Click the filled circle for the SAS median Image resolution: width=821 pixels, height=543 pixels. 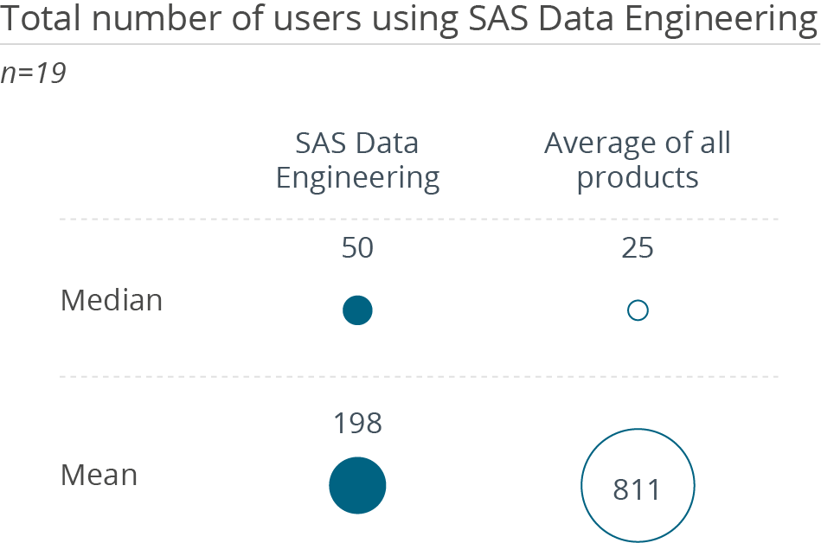coord(357,310)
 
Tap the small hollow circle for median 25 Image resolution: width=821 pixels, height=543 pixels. coord(638,310)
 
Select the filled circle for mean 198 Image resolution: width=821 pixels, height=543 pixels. coord(357,485)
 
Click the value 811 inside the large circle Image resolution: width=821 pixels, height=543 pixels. coord(637,489)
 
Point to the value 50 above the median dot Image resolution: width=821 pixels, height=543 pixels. coord(357,249)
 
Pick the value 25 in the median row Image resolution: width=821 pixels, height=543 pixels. coord(638,249)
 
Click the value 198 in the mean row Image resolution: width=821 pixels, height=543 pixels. coord(357,424)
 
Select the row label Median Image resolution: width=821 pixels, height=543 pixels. coord(112,301)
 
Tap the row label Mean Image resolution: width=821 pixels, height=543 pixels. coord(99,475)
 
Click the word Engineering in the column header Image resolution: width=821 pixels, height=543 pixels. coord(357,178)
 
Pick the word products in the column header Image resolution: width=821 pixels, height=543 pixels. coord(638,178)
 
